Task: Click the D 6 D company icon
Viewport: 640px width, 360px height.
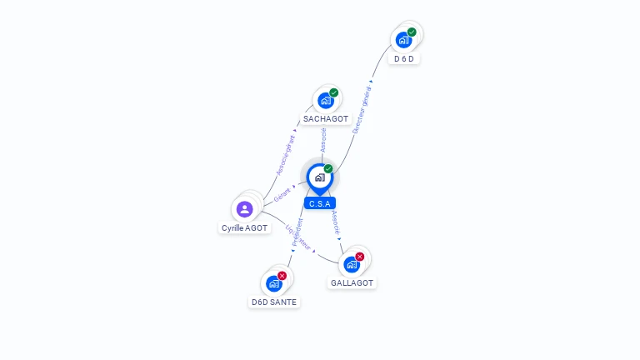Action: (x=403, y=39)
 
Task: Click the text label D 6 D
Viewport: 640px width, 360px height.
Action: (x=404, y=59)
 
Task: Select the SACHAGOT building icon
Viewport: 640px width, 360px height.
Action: (x=325, y=100)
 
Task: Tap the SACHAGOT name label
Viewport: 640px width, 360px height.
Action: (x=326, y=119)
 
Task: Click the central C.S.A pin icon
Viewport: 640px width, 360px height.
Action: (x=319, y=177)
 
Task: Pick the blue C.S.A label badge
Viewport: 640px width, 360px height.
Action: (x=320, y=203)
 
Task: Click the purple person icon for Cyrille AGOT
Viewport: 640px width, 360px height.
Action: (x=244, y=209)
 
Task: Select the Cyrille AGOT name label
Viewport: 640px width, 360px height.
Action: (x=245, y=227)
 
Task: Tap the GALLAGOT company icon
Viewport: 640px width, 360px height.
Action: (x=351, y=264)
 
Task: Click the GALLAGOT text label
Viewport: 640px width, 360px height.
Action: (x=352, y=283)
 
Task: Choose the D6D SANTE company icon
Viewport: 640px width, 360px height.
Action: (x=274, y=283)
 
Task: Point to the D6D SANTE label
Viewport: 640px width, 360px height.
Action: (x=274, y=302)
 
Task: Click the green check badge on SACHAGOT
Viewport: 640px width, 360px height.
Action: (x=334, y=92)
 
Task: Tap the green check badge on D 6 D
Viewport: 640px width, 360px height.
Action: (x=412, y=32)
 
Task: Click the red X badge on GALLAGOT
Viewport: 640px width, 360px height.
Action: (x=360, y=257)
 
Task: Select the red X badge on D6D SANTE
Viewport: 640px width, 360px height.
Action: (x=282, y=276)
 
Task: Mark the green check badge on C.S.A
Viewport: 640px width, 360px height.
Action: (x=328, y=169)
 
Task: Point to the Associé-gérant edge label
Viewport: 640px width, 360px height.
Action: (x=285, y=155)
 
